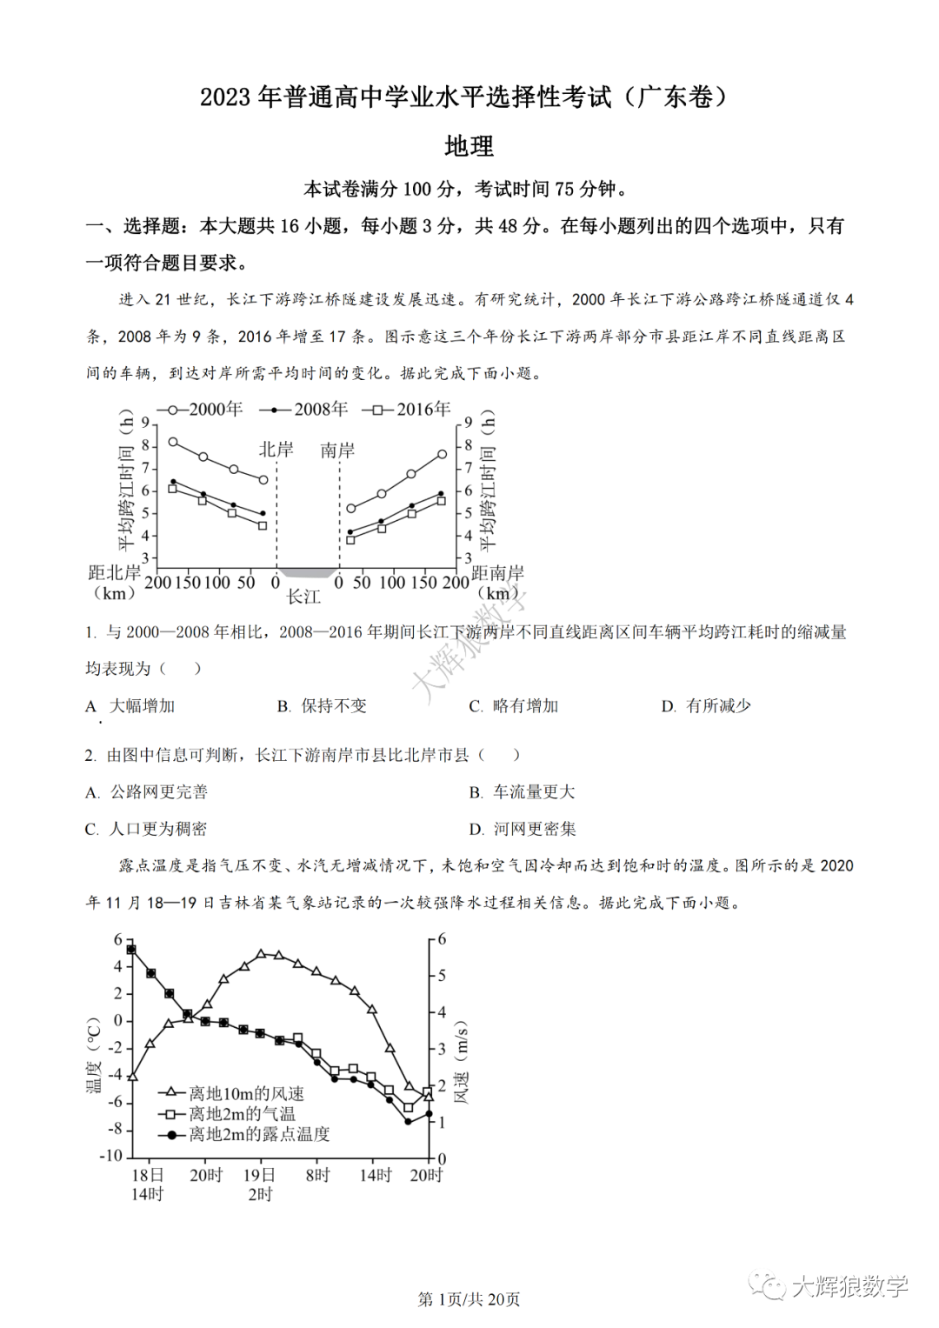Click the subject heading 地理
(469, 146)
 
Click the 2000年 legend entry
(200, 409)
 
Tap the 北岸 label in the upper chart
(276, 450)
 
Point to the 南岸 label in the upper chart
(337, 450)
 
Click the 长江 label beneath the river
(303, 597)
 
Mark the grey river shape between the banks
(307, 572)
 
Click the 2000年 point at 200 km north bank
(173, 442)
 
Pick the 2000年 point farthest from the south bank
(442, 454)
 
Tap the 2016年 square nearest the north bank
(263, 525)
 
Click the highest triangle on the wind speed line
(261, 954)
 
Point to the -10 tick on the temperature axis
(111, 1156)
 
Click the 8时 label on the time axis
(317, 1175)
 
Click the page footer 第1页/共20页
(469, 1299)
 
